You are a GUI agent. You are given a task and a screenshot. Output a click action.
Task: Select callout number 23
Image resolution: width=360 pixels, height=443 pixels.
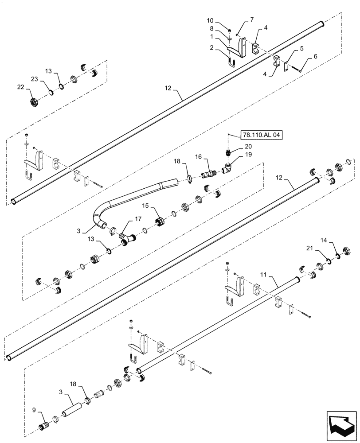[x=34, y=79]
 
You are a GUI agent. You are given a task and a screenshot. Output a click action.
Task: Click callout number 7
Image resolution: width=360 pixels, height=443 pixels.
[x=252, y=19]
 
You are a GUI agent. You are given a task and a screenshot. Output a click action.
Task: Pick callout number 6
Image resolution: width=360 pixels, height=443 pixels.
[x=316, y=56]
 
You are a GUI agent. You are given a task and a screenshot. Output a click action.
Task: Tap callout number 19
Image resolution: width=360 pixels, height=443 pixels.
[x=248, y=155]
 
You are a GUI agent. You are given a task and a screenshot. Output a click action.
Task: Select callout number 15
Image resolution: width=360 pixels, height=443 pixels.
[x=145, y=206]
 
